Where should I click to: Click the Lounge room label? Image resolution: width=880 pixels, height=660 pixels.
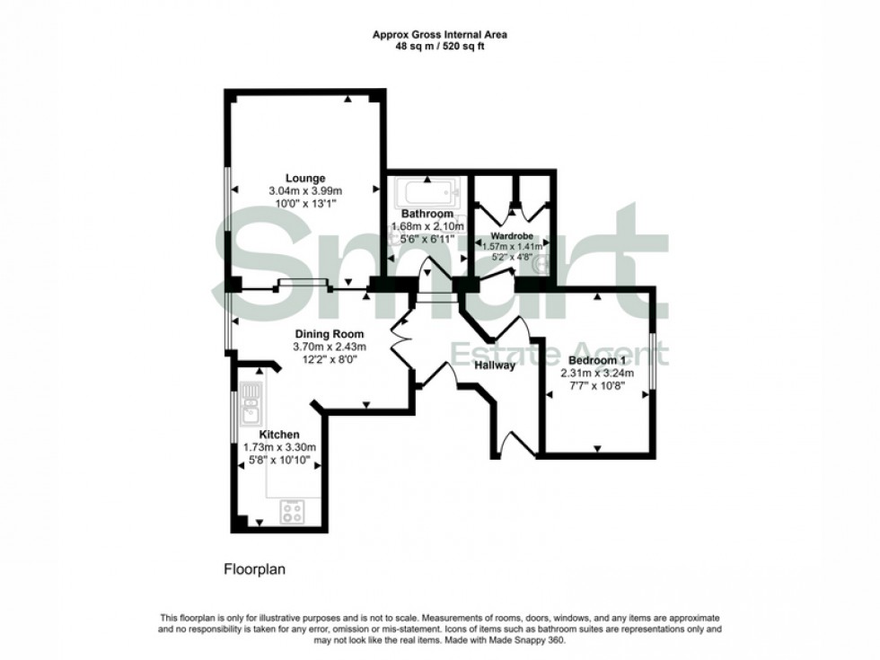(x=305, y=178)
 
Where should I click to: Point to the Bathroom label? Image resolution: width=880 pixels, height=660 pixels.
(x=427, y=214)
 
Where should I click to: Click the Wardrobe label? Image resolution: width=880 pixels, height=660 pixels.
(x=511, y=236)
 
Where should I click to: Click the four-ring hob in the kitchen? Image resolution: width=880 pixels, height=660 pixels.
(x=293, y=512)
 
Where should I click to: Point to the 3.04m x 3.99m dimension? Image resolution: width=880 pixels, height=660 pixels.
(x=305, y=191)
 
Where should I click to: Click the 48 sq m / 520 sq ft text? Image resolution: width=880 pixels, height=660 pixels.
(x=440, y=46)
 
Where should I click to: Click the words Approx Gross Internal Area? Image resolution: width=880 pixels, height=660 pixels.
(x=440, y=35)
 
